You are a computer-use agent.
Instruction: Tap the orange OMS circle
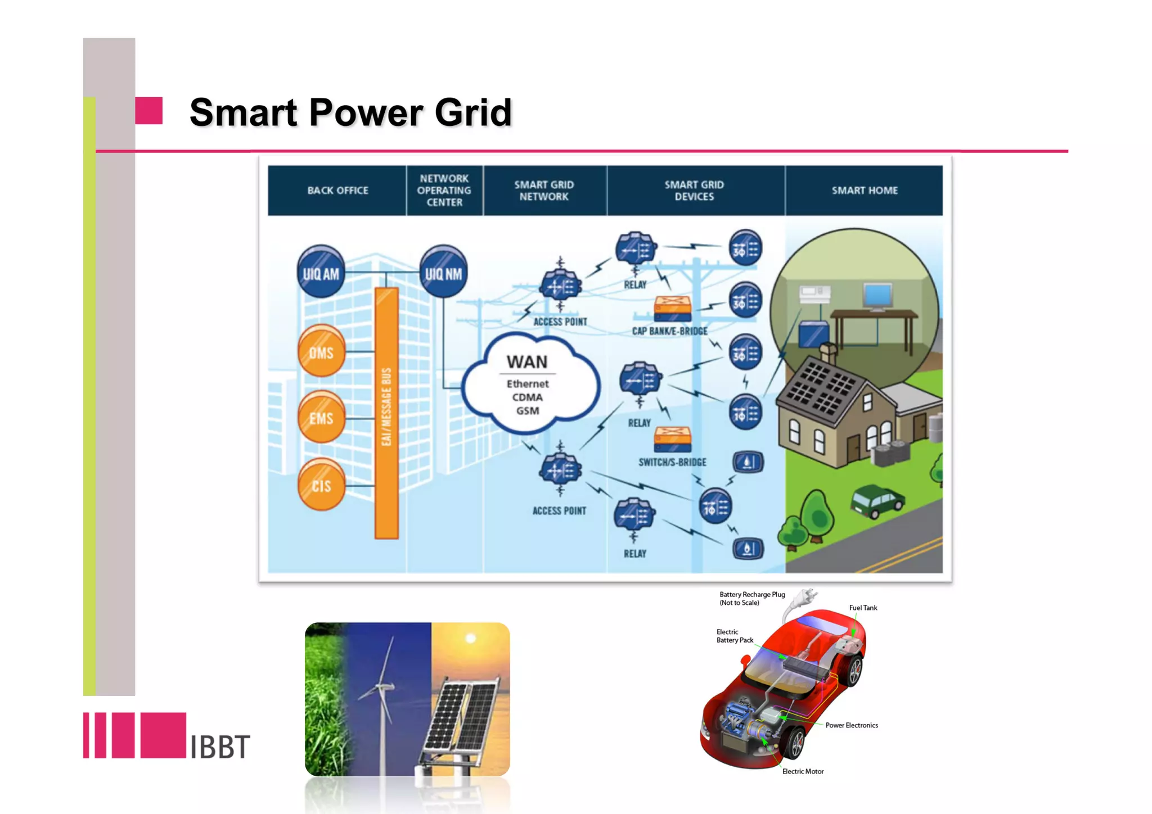321,352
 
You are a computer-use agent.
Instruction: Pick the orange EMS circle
321,418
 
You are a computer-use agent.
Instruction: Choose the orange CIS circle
321,485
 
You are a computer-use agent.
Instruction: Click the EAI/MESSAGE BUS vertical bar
386,413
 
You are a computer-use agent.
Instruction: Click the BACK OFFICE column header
337,191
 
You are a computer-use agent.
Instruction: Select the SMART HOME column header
865,191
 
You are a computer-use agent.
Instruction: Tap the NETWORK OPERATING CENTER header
444,191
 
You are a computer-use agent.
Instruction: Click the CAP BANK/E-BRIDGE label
669,331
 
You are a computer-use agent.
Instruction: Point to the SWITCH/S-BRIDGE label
672,462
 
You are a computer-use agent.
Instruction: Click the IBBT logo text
219,747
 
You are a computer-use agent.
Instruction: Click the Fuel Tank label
863,608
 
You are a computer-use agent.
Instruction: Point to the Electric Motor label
803,771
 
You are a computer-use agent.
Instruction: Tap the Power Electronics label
852,725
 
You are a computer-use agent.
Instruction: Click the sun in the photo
471,639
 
